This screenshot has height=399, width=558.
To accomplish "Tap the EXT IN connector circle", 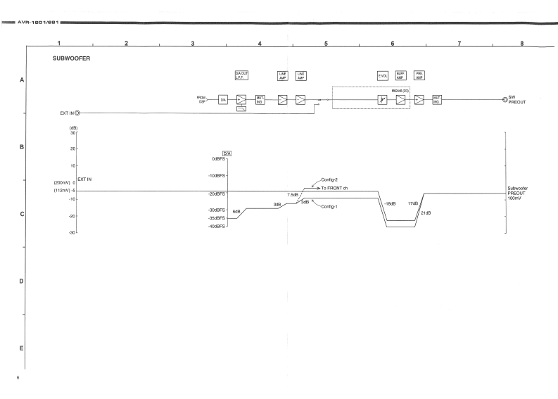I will tap(78, 112).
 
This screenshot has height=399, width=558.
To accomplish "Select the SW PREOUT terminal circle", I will tap(505, 99).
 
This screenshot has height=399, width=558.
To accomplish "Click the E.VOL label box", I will tap(383, 75).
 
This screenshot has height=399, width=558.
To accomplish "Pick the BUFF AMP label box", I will tap(401, 75).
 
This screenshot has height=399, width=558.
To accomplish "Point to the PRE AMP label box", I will tap(419, 75).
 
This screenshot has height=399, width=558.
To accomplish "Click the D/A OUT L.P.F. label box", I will tap(241, 75).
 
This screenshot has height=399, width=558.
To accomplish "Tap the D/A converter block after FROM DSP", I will tap(223, 100).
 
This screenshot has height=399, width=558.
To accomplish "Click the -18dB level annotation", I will tap(390, 204).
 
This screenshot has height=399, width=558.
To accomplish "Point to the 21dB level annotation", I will tap(426, 213).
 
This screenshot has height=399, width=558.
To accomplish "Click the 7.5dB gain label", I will tap(292, 194).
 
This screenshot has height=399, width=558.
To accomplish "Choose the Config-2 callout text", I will tap(331, 180).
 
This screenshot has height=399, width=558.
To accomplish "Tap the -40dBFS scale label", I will tap(217, 227).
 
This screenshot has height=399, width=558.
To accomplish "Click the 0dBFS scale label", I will tap(218, 159).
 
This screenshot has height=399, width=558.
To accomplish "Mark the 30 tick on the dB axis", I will tap(72, 133).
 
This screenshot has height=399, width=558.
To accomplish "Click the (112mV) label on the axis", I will tap(62, 190).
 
